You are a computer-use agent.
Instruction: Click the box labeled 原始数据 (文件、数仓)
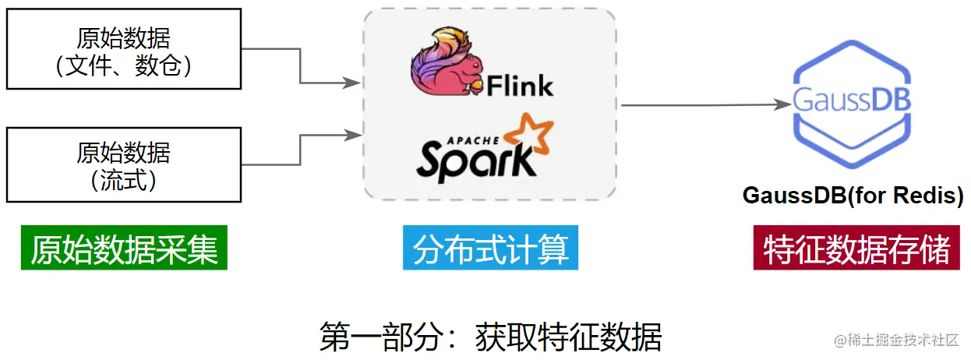(123, 49)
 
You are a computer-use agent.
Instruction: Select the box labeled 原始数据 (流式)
(123, 164)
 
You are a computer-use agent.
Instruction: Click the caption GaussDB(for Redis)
(853, 195)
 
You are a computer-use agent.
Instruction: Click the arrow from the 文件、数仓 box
(301, 66)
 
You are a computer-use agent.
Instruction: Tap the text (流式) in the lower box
(123, 180)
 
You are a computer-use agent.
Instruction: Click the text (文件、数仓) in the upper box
(123, 65)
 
